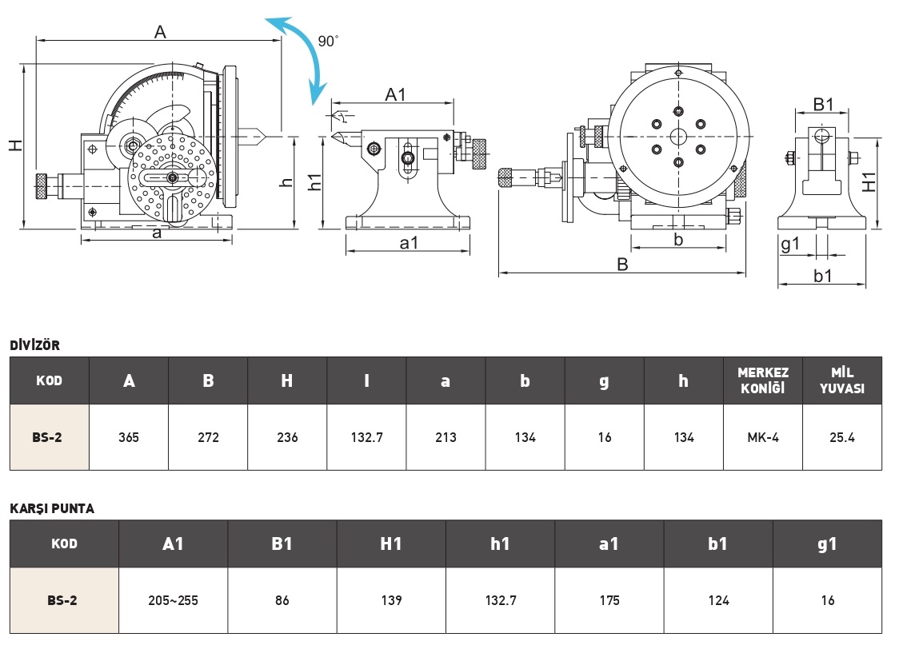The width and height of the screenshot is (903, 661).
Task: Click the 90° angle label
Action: [x=328, y=41]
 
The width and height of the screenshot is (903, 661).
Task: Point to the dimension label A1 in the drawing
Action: [x=395, y=94]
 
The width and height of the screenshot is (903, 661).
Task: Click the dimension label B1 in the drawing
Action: [x=823, y=104]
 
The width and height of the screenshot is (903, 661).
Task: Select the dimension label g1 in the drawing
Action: [x=790, y=245]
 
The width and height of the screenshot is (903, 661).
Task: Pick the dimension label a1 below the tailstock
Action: [x=408, y=243]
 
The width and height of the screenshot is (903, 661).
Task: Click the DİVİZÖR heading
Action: [x=34, y=345]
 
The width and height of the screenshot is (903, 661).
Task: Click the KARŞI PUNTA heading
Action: [x=52, y=508]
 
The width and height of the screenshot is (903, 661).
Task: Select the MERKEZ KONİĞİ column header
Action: [x=763, y=380]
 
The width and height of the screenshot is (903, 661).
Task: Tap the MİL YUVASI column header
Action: [x=842, y=380]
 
